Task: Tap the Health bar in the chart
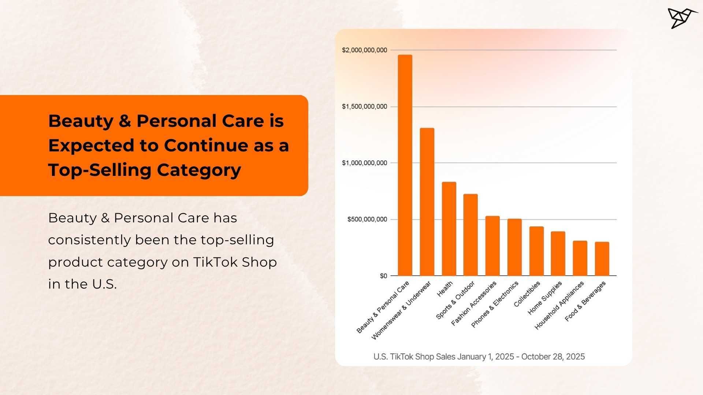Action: pos(449,229)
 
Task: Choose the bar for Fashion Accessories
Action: pos(492,246)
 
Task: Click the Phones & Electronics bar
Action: pos(514,247)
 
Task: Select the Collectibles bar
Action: pos(536,251)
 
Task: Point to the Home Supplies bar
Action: pos(558,253)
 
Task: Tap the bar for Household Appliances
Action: pos(580,258)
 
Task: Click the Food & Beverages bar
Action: pos(602,259)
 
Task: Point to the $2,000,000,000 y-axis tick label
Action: pos(364,50)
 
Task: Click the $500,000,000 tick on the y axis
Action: pos(367,219)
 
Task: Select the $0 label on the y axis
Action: pos(383,276)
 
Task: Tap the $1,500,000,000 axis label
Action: pos(364,106)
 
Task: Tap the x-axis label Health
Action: pos(445,289)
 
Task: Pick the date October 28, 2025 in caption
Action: pos(553,357)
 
